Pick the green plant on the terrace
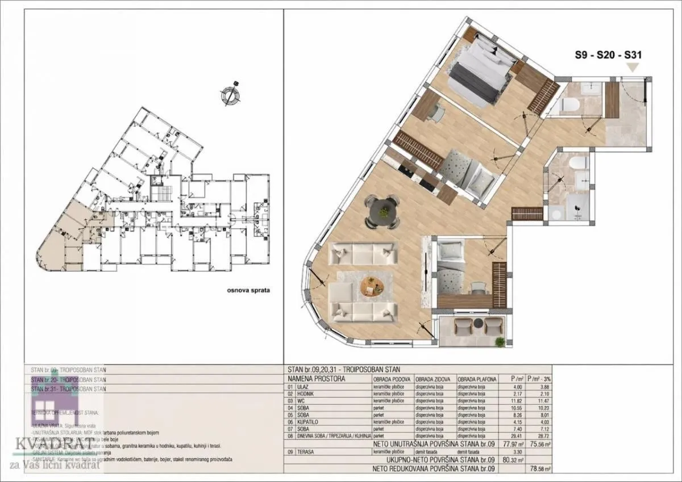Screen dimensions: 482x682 [500, 341]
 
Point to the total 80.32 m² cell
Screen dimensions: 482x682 [515, 460]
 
